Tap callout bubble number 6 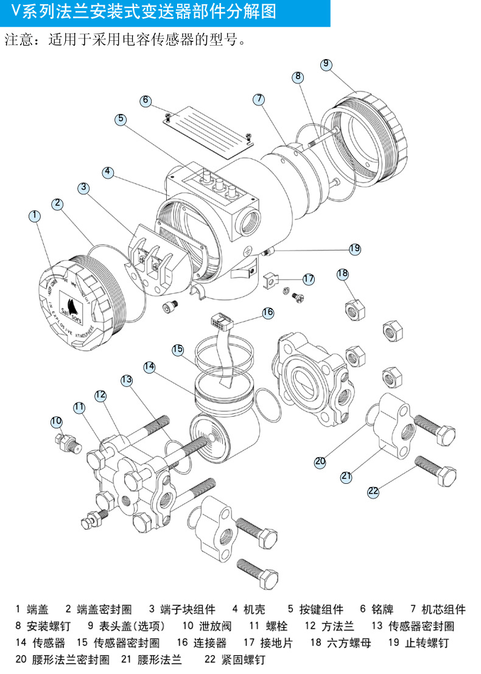[x=146, y=101]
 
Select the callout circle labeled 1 [x=35, y=216]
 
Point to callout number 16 [x=268, y=313]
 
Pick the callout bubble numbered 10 [x=57, y=421]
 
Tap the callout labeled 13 [x=126, y=380]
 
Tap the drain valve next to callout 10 [x=68, y=444]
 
